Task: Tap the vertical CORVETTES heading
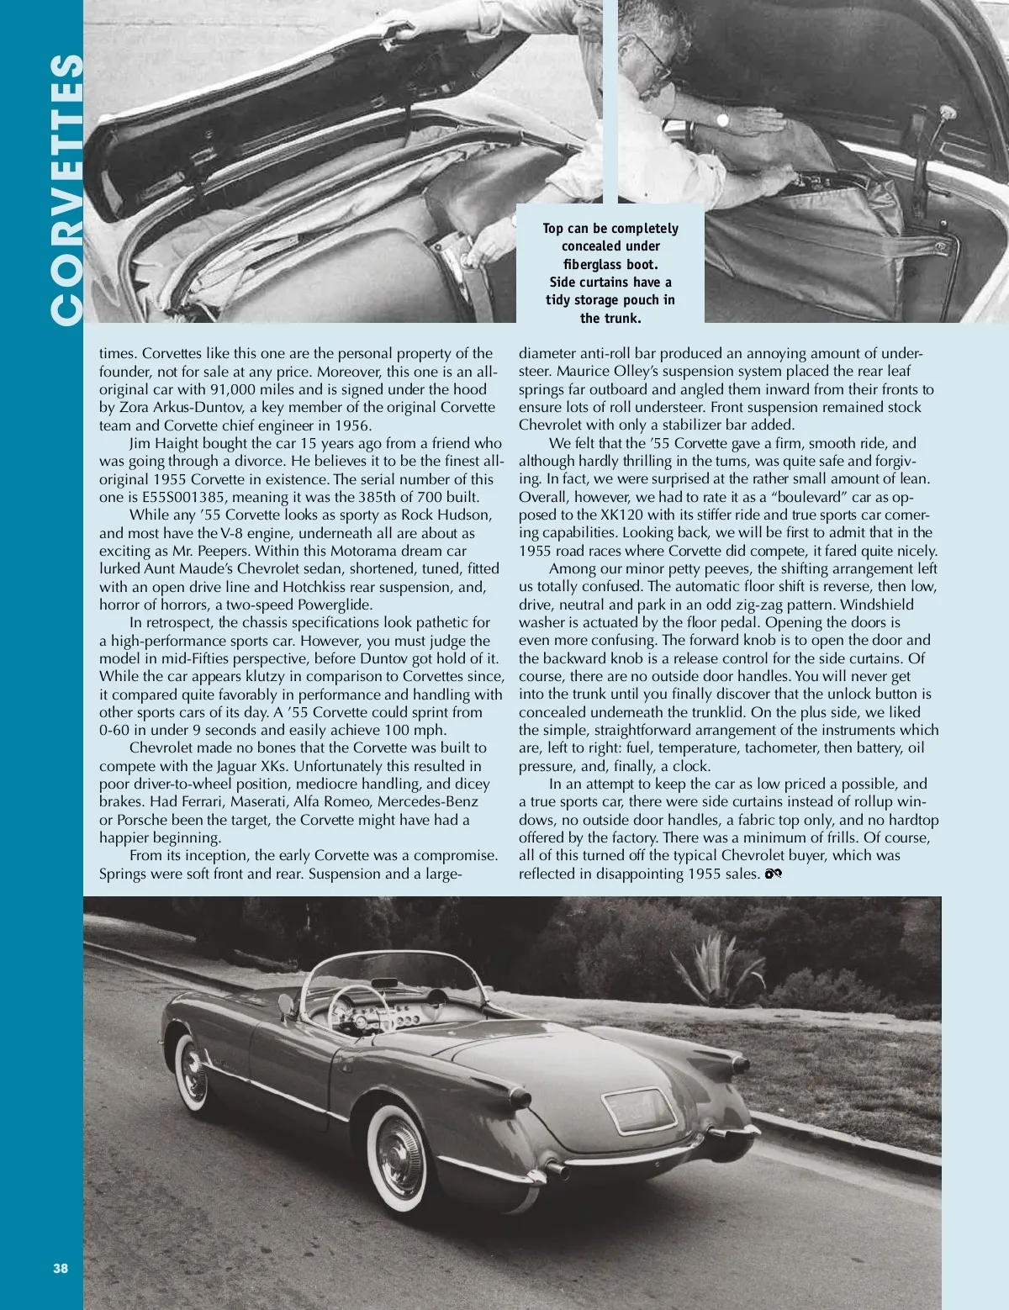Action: [x=66, y=189]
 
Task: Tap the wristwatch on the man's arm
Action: [x=721, y=120]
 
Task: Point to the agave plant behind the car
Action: [x=716, y=959]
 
